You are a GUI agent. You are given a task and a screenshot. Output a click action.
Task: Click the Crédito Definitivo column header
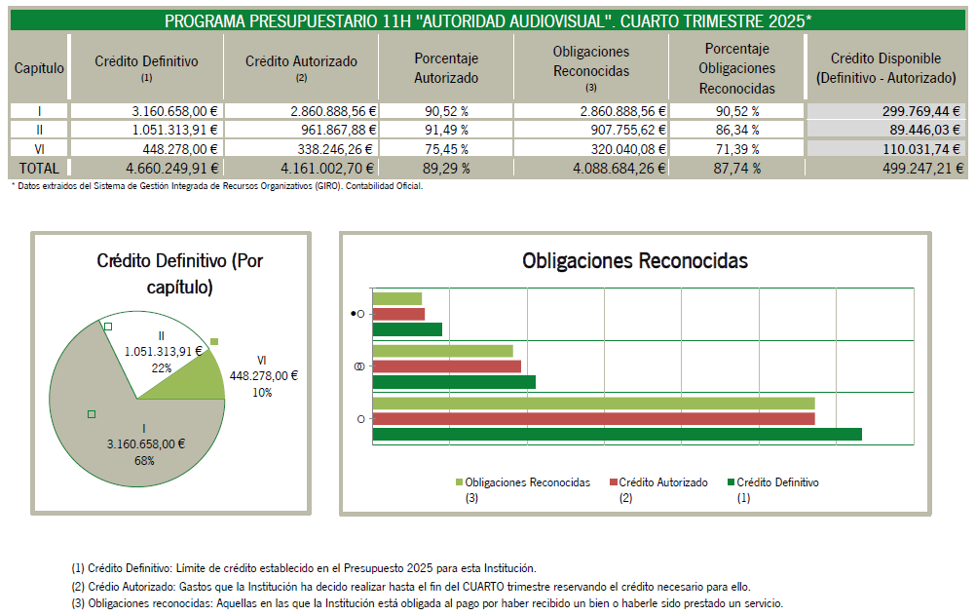146,67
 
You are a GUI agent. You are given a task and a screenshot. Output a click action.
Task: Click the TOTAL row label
39,169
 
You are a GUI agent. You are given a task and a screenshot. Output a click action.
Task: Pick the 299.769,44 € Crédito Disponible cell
884,111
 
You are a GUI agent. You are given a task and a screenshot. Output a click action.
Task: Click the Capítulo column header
39,68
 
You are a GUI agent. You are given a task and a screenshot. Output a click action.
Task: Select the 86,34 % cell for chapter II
736,130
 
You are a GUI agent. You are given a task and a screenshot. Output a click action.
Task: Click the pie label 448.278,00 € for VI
263,375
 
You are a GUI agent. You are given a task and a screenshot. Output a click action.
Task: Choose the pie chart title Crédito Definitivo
179,273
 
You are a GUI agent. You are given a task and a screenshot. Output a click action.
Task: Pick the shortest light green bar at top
397,298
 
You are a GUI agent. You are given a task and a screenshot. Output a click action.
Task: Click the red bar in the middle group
447,366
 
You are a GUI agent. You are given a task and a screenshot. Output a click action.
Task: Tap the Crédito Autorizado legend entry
662,482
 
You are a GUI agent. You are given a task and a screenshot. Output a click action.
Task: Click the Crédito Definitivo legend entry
776,482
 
